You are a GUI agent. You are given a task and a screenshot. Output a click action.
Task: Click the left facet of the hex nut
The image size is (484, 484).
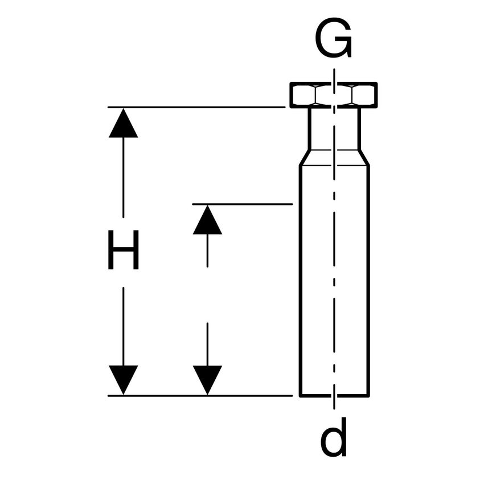pyautogui.click(x=303, y=95)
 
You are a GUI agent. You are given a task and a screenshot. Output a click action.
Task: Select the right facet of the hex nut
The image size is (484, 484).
pyautogui.click(x=364, y=95)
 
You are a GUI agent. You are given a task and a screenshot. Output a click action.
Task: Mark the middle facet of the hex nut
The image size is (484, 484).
pyautogui.click(x=334, y=95)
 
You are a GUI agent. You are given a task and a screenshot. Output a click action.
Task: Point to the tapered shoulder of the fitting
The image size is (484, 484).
pyautogui.click(x=334, y=158)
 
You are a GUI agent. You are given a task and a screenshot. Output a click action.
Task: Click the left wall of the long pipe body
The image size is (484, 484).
pyautogui.click(x=300, y=279)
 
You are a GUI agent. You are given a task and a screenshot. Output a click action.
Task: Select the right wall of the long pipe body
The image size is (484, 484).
pyautogui.click(x=368, y=279)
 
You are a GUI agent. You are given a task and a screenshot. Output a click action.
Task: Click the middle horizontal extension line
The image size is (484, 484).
pyautogui.click(x=242, y=203)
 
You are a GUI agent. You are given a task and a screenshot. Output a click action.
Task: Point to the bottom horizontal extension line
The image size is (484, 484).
pyautogui.click(x=199, y=395)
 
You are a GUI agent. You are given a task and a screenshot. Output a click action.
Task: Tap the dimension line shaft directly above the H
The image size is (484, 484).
pyautogui.click(x=124, y=177)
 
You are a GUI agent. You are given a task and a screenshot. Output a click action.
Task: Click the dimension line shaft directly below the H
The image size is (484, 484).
pyautogui.click(x=124, y=325)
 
